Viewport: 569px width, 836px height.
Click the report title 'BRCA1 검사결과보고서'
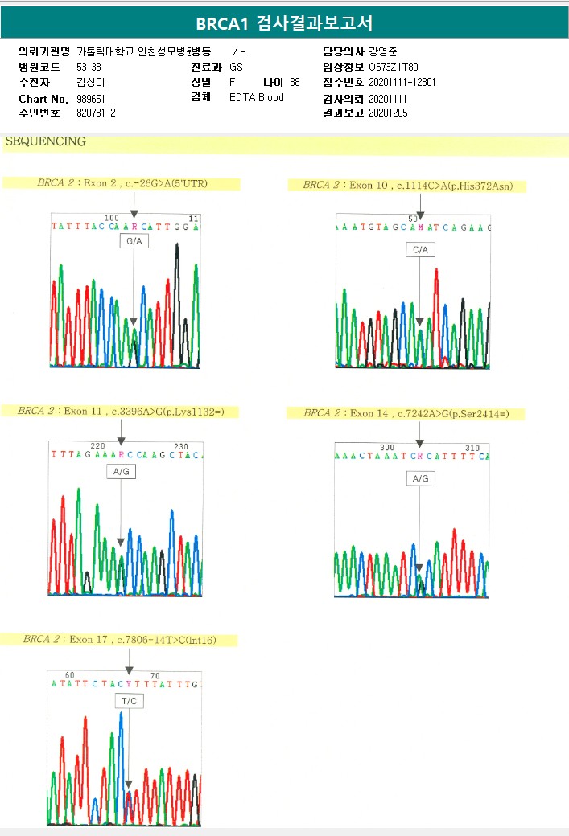point(284,23)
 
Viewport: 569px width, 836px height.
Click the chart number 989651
point(91,98)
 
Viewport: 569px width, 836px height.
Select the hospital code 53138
point(89,68)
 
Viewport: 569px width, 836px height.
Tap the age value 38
point(295,83)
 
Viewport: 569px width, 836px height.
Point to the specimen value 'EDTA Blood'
point(256,98)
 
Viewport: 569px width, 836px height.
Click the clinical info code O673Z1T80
point(393,68)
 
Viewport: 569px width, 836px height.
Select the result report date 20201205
point(388,113)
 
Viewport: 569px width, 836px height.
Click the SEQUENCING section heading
point(45,142)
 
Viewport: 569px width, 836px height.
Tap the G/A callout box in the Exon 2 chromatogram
point(134,241)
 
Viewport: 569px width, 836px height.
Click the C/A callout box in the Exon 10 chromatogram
point(420,250)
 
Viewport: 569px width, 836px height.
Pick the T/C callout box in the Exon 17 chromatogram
point(129,702)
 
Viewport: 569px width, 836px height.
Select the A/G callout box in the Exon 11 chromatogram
point(121,473)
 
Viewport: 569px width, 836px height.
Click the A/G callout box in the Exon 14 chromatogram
point(420,478)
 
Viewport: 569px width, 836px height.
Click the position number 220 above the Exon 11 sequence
point(97,446)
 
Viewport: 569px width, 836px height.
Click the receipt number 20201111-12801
point(402,83)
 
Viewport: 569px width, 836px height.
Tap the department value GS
point(236,68)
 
